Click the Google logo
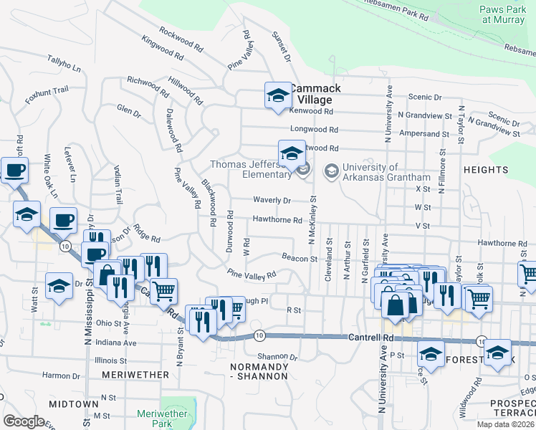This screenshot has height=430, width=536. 24,421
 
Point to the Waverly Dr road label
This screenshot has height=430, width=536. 272,201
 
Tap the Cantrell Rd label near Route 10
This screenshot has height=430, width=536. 371,337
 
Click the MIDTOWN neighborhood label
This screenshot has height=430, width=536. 73,404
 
